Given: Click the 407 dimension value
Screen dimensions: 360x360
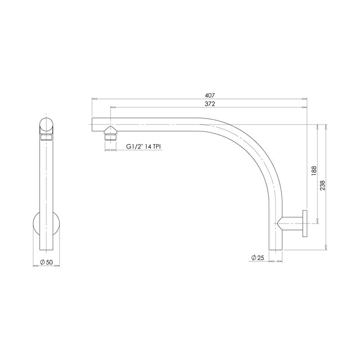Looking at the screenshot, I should click(x=210, y=95).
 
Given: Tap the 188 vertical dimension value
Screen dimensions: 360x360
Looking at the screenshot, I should click(x=314, y=171).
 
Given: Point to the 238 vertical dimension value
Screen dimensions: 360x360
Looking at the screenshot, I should click(x=322, y=185).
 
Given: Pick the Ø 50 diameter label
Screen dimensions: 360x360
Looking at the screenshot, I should click(x=46, y=261).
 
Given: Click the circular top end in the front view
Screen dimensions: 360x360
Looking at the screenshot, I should click(x=47, y=125).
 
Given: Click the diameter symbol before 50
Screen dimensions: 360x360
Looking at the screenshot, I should click(x=41, y=261).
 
